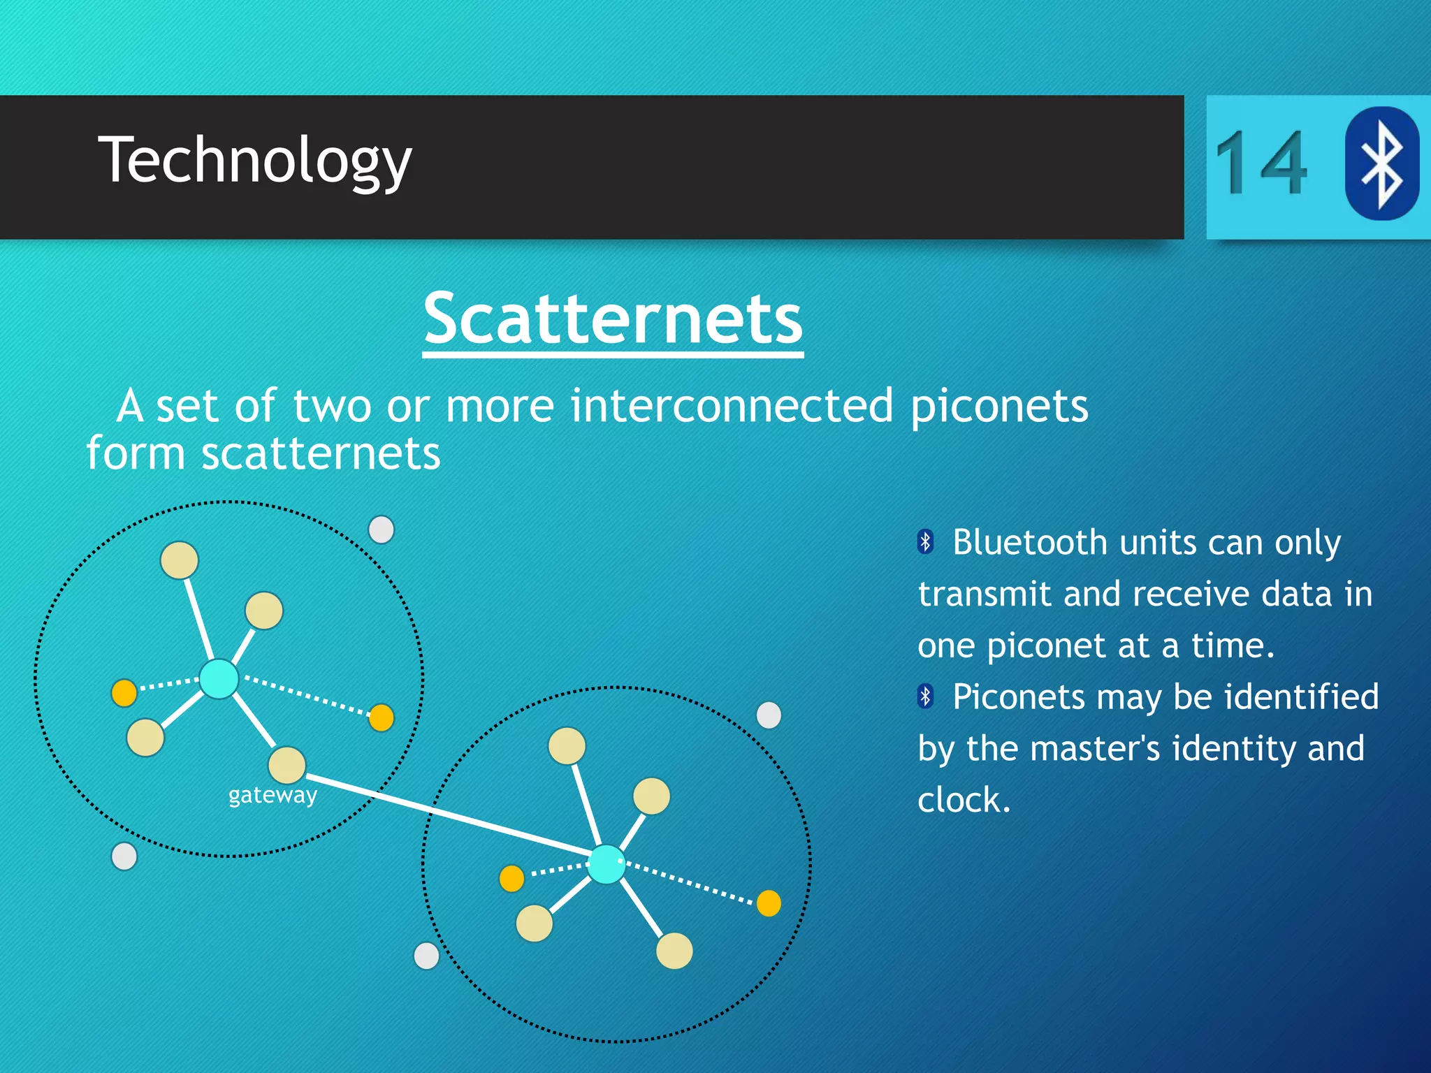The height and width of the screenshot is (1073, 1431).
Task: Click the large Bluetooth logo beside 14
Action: click(1381, 163)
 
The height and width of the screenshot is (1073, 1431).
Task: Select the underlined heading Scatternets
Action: click(613, 319)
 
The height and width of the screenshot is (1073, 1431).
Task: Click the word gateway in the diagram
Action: click(273, 795)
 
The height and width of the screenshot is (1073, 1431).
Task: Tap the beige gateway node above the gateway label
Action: click(287, 765)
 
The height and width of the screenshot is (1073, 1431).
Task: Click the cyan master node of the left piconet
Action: click(219, 678)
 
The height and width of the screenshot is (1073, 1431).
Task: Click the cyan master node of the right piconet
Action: click(606, 864)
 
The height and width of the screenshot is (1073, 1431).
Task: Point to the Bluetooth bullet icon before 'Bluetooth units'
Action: click(926, 541)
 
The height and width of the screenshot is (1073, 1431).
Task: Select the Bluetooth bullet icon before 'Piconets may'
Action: click(926, 696)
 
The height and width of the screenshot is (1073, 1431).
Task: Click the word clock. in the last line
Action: click(964, 800)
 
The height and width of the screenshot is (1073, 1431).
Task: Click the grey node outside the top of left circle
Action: click(381, 530)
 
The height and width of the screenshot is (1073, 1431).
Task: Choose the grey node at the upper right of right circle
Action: click(769, 715)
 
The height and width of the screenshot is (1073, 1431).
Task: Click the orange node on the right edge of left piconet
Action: click(381, 717)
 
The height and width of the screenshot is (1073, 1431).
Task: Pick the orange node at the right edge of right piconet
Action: click(769, 903)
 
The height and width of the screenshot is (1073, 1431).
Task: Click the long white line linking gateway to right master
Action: click(447, 814)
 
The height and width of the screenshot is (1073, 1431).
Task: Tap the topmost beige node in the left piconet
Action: click(180, 560)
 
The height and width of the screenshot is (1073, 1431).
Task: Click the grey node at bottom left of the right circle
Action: click(426, 955)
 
